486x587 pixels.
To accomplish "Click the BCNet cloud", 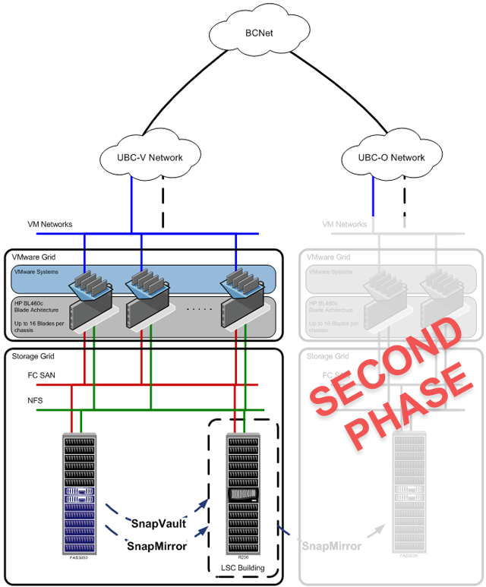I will (254, 34).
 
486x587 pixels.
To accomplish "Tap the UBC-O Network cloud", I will (391, 157).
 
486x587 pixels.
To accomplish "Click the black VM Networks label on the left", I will (49, 224).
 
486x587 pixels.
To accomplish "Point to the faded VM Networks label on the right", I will (346, 224).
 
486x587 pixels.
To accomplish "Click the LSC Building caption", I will (242, 568).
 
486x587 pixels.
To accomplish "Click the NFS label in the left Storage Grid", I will (27, 400).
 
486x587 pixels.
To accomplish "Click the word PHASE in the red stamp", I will (402, 410).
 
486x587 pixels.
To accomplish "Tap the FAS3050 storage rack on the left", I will (80, 494).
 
